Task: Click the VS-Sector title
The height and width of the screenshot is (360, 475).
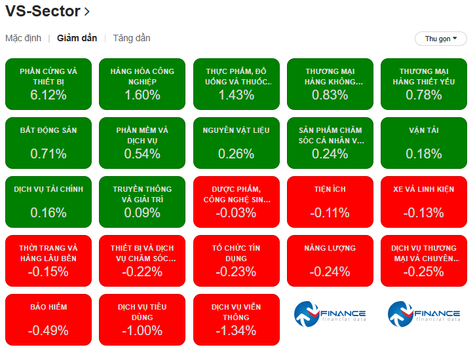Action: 43,11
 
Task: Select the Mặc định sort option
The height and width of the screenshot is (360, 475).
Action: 24,38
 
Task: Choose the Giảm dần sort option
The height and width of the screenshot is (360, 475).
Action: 77,38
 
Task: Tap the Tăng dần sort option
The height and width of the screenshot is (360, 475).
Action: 132,38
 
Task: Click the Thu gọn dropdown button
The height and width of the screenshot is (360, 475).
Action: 440,39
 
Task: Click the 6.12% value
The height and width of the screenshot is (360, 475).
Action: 48,95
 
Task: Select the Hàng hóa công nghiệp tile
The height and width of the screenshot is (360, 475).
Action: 142,84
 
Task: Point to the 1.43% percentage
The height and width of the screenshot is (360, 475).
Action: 237,95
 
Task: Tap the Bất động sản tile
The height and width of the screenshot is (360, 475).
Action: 48,143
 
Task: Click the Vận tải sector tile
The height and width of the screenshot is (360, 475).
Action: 424,143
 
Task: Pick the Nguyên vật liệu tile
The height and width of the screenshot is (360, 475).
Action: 237,143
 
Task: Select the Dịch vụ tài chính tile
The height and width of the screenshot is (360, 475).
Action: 48,202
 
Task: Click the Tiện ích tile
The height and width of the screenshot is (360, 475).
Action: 330,202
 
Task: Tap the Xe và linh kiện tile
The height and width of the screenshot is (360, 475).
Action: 424,202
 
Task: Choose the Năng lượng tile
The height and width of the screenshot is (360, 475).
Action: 330,261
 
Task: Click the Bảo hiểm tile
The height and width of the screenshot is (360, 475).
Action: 48,319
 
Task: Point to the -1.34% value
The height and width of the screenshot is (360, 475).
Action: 237,331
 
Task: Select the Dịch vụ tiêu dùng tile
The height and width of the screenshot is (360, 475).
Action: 142,319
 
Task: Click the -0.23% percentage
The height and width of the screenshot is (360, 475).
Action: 237,272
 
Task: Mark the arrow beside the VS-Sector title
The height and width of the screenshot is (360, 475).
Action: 87,12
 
